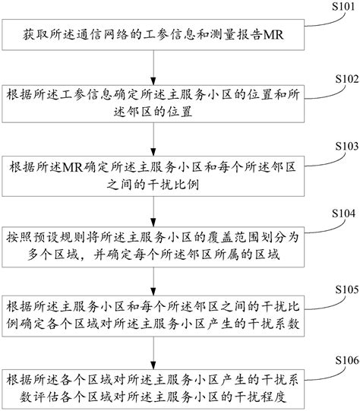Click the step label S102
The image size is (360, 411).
pyautogui.click(x=338, y=77)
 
